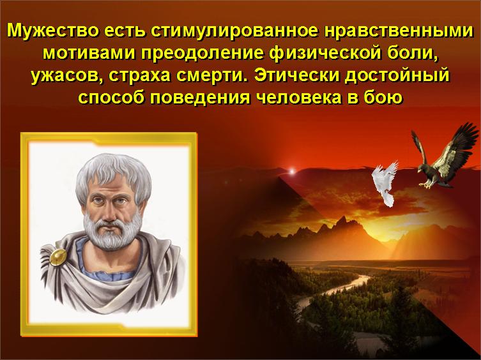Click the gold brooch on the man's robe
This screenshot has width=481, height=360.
59,259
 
